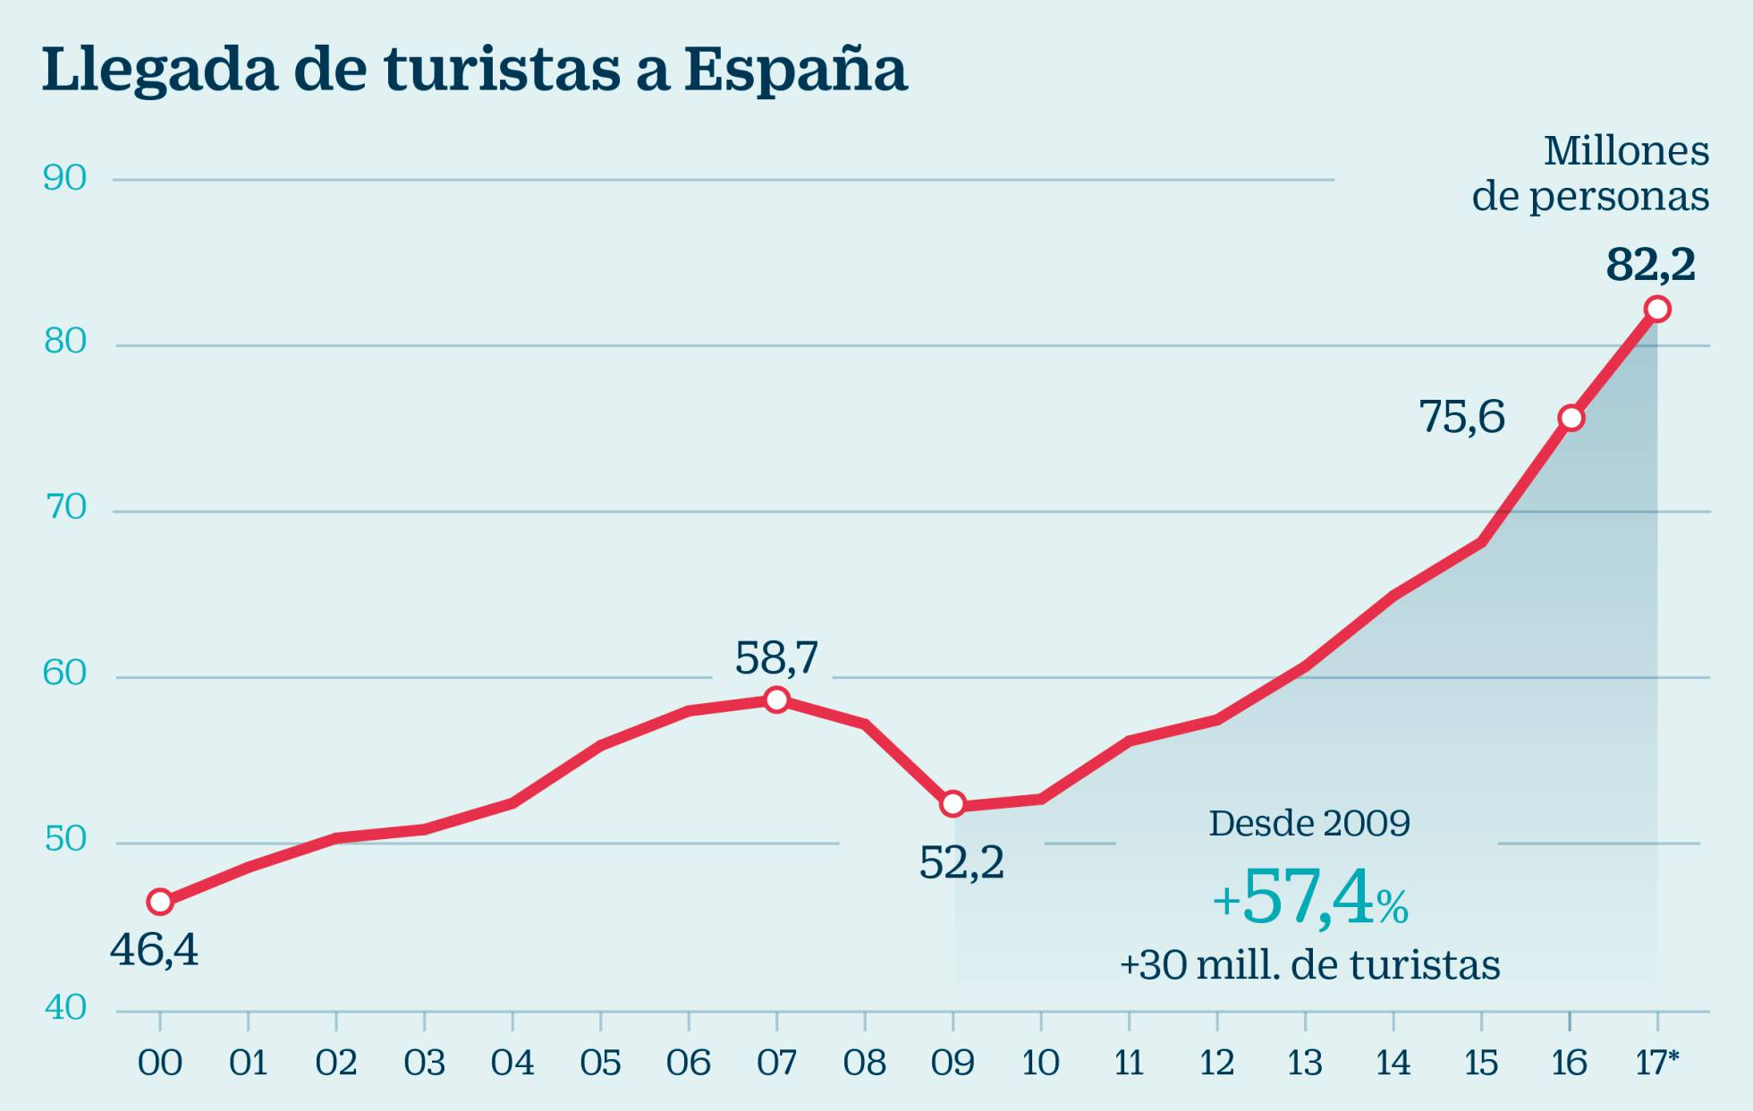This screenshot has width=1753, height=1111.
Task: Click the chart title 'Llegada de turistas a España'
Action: (474, 70)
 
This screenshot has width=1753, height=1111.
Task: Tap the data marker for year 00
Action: (160, 902)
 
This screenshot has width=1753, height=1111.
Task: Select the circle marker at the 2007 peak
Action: (776, 700)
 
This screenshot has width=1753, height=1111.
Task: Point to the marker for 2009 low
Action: (953, 804)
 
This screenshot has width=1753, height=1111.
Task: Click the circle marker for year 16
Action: (1571, 418)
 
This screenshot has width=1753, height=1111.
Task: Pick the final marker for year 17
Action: (1657, 310)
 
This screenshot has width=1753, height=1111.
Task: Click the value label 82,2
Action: (1650, 265)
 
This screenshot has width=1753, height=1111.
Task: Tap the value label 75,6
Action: (1461, 417)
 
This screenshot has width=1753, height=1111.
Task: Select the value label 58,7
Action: (776, 658)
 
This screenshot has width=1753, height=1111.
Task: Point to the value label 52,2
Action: (961, 863)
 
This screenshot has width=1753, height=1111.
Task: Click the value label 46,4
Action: (154, 950)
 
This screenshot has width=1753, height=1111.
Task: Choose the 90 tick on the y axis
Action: (65, 178)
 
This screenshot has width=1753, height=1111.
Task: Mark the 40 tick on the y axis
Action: (65, 1008)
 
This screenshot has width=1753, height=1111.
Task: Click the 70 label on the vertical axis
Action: (65, 508)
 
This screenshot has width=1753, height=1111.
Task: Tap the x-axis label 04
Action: (512, 1064)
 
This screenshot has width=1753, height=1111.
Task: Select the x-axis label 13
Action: (1305, 1064)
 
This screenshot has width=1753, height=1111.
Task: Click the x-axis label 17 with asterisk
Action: (1657, 1064)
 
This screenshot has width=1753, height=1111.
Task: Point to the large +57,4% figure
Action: (1310, 898)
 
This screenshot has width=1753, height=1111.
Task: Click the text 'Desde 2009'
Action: (1309, 823)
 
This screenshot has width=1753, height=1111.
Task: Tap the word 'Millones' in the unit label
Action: (1626, 151)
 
